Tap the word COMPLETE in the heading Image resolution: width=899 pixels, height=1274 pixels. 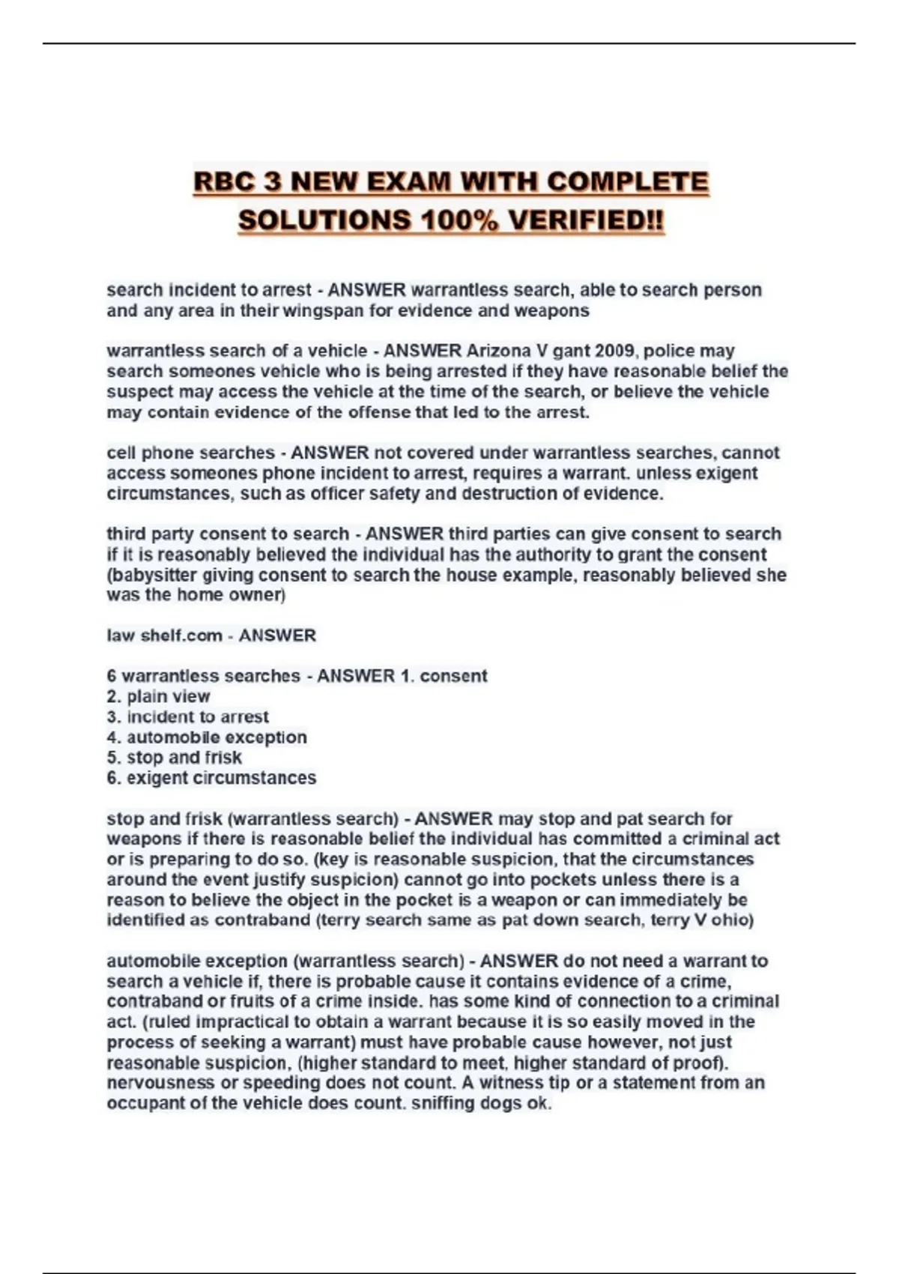tap(628, 182)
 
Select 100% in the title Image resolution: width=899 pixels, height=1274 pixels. tap(458, 221)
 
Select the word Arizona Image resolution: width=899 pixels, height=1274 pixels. tap(497, 351)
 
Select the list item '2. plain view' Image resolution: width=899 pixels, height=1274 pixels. tap(159, 696)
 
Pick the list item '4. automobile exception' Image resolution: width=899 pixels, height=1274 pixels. tap(207, 737)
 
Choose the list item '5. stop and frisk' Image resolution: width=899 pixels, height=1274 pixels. tap(175, 758)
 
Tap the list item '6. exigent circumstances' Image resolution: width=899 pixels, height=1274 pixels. tap(211, 778)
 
